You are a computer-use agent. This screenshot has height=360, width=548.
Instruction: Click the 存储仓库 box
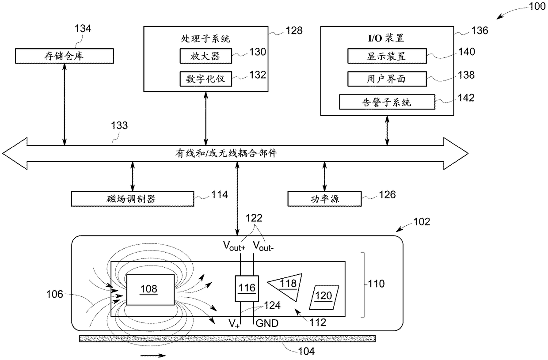[x=65, y=56]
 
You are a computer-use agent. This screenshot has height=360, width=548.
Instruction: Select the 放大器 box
[x=206, y=56]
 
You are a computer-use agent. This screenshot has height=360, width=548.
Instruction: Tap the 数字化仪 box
[x=206, y=79]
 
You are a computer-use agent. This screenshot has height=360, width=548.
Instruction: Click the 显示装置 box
[x=387, y=56]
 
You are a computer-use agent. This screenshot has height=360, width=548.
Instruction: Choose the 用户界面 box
[x=387, y=79]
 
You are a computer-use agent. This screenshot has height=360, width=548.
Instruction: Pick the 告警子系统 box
[x=387, y=102]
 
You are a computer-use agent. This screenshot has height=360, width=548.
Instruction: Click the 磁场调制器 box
[x=133, y=199]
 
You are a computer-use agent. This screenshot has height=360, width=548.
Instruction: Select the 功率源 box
[x=324, y=199]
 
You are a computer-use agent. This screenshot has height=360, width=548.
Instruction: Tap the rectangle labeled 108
[x=150, y=290]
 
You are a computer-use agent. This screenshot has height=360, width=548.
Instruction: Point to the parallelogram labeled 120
[x=324, y=297]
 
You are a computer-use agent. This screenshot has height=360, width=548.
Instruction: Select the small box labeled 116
[x=247, y=288]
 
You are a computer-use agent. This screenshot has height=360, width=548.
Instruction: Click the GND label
[x=267, y=323]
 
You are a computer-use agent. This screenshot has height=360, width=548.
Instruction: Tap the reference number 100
[x=537, y=6]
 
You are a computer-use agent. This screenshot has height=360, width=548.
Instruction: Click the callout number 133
[x=119, y=125]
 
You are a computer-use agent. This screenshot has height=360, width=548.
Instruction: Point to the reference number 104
[x=306, y=352]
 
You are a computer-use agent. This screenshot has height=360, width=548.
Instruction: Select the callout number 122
[x=254, y=218]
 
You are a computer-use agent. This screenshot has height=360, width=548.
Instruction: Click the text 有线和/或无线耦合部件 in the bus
[x=226, y=153]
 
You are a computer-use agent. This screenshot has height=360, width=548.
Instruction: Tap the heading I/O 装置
[x=386, y=38]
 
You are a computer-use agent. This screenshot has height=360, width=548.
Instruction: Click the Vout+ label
[x=234, y=246]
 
